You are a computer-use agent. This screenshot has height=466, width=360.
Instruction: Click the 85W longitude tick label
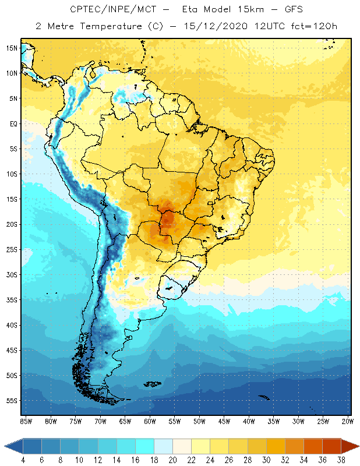(26, 421)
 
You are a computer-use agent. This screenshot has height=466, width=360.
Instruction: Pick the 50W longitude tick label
(199, 421)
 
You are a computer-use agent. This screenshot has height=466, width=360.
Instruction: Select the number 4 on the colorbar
(23, 460)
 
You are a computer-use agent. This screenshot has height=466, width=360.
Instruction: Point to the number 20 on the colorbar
(172, 460)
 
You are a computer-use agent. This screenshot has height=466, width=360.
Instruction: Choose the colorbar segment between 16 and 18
(144, 446)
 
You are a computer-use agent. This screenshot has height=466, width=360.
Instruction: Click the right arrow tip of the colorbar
(357, 446)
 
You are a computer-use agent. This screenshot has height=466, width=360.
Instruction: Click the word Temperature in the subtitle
(114, 26)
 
